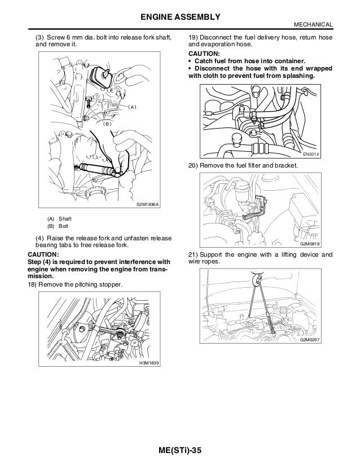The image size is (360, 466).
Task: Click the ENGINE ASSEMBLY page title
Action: point(181,17)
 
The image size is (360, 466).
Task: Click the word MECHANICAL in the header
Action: point(313,25)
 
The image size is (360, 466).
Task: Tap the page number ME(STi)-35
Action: point(180,450)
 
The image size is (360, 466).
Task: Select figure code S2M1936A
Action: point(148,204)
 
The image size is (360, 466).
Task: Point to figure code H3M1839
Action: point(149,363)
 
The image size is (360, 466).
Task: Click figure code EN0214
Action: point(311,154)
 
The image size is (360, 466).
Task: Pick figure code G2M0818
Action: point(310,244)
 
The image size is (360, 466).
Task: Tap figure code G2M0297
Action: point(310,340)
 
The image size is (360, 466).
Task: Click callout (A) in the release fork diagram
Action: point(132,107)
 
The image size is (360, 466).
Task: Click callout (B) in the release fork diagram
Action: point(107,124)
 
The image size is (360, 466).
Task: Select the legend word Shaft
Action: point(65,219)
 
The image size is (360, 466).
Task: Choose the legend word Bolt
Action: point(63,226)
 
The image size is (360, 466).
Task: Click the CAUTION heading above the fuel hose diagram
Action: point(204,54)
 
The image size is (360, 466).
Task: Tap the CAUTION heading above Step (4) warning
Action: point(43,254)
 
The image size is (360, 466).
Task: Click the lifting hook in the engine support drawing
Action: point(256,278)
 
